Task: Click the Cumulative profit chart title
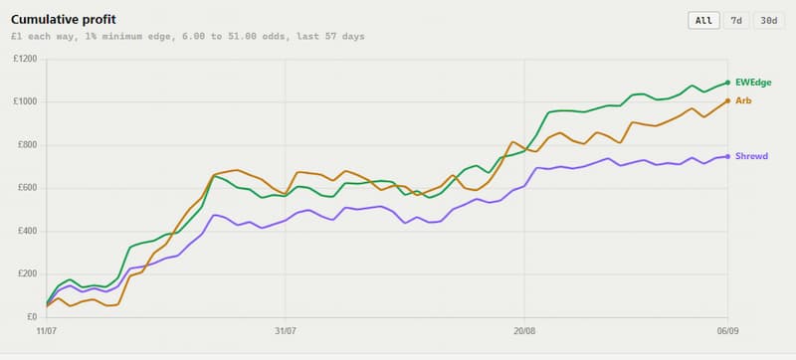click(64, 20)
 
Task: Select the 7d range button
click(736, 21)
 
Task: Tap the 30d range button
click(768, 21)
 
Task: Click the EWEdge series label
click(753, 83)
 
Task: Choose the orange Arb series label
click(743, 100)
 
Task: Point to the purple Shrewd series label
click(751, 156)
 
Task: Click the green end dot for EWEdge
click(727, 83)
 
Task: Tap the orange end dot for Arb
click(727, 100)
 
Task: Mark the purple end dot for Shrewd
click(727, 156)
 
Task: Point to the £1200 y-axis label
click(27, 59)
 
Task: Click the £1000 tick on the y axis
click(27, 101)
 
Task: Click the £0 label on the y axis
click(32, 317)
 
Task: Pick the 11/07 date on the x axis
click(46, 331)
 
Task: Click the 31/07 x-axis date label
click(286, 331)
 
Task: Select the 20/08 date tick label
click(524, 331)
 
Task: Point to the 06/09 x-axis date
click(727, 331)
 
